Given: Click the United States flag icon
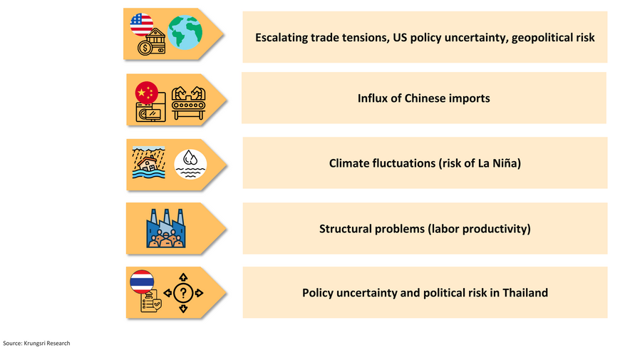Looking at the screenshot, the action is pos(142,24).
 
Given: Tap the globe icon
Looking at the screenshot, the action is pos(185,33).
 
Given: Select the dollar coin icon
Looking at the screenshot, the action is pos(145,48).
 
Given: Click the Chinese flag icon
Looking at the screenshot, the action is pos(146,93).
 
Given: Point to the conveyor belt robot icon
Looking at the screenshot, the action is pos(189,103).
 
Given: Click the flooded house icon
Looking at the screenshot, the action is pos(149,163).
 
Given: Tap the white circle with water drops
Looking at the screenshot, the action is pos(190,164).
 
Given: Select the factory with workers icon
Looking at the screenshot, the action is pos(166,228).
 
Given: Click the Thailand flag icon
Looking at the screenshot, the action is pos(142,282).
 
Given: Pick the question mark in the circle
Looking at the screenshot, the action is pos(183,293).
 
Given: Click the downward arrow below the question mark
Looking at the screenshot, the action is pos(183,309).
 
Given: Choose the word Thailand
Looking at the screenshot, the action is pos(525,293).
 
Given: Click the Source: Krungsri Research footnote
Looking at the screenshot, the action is pos(36,344).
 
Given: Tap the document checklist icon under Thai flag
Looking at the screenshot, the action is pos(150,301).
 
